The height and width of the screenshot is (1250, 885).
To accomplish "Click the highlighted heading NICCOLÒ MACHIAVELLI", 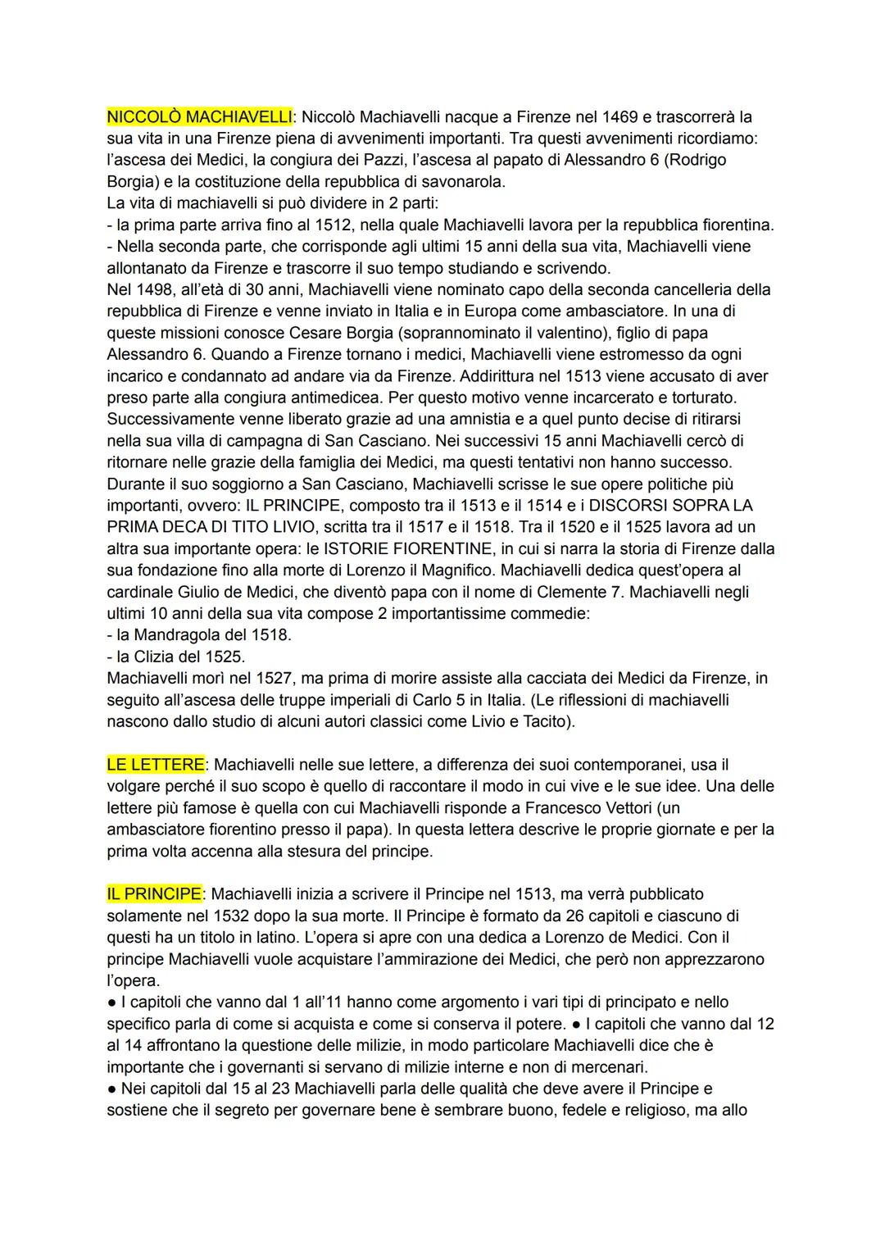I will [199, 117].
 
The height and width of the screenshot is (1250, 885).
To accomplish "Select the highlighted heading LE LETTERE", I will [156, 765].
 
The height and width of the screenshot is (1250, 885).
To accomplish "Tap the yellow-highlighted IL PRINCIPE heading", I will [153, 894].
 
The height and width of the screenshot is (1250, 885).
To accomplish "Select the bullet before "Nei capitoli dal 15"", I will [112, 1089].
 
